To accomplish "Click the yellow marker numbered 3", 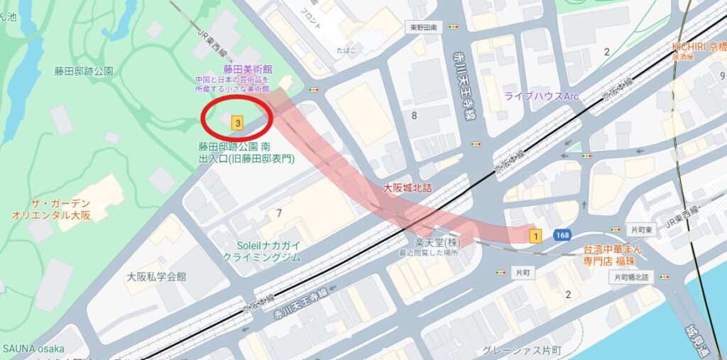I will pyautogui.click(x=237, y=123).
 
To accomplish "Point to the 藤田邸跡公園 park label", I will pyautogui.click(x=84, y=71).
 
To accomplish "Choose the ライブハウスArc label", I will pyautogui.click(x=542, y=95).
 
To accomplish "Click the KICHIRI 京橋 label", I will pyautogui.click(x=699, y=46).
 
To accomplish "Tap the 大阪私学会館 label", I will pyautogui.click(x=157, y=276).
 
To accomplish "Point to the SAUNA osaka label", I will pyautogui.click(x=33, y=349).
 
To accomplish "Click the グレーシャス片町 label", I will pyautogui.click(x=522, y=350).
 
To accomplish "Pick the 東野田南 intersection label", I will pyautogui.click(x=423, y=27).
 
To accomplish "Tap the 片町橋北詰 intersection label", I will pyautogui.click(x=630, y=277).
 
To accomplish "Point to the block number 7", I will pyautogui.click(x=279, y=212).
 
